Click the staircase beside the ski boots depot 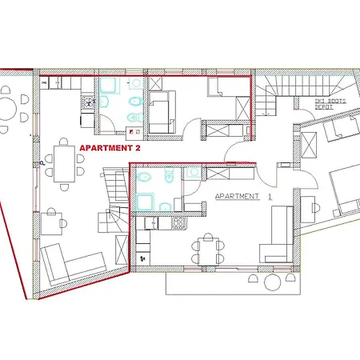coord(281,89)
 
